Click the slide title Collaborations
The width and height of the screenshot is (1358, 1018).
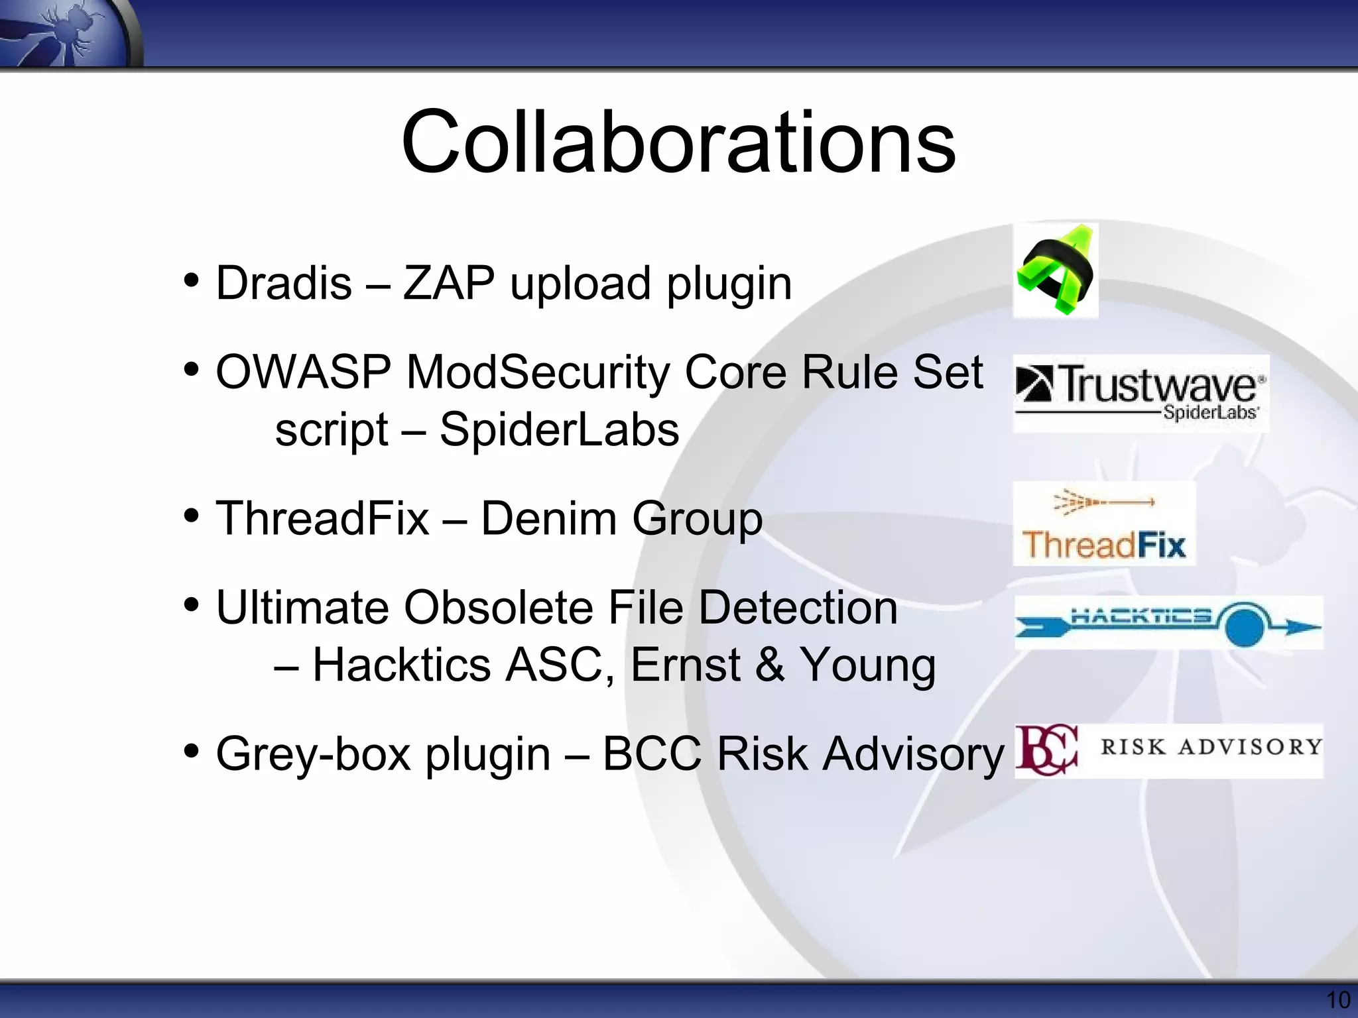[678, 142]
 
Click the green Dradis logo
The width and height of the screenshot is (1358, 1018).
[1056, 270]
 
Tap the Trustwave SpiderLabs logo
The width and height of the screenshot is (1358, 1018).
[1141, 393]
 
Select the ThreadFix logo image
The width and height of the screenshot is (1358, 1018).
[1104, 524]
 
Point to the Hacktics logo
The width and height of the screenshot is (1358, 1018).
[1168, 622]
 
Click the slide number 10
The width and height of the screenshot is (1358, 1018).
[1338, 999]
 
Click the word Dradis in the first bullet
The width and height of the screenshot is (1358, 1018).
[284, 283]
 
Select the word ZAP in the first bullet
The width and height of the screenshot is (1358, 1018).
[449, 283]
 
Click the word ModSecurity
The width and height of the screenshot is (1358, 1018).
[538, 372]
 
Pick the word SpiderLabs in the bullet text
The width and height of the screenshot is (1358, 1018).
[559, 429]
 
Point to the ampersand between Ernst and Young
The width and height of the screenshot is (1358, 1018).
[769, 665]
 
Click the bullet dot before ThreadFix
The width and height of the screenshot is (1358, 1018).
[192, 515]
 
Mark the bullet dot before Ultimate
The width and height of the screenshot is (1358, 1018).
[192, 604]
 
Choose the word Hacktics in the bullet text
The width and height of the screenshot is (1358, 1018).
[402, 665]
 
